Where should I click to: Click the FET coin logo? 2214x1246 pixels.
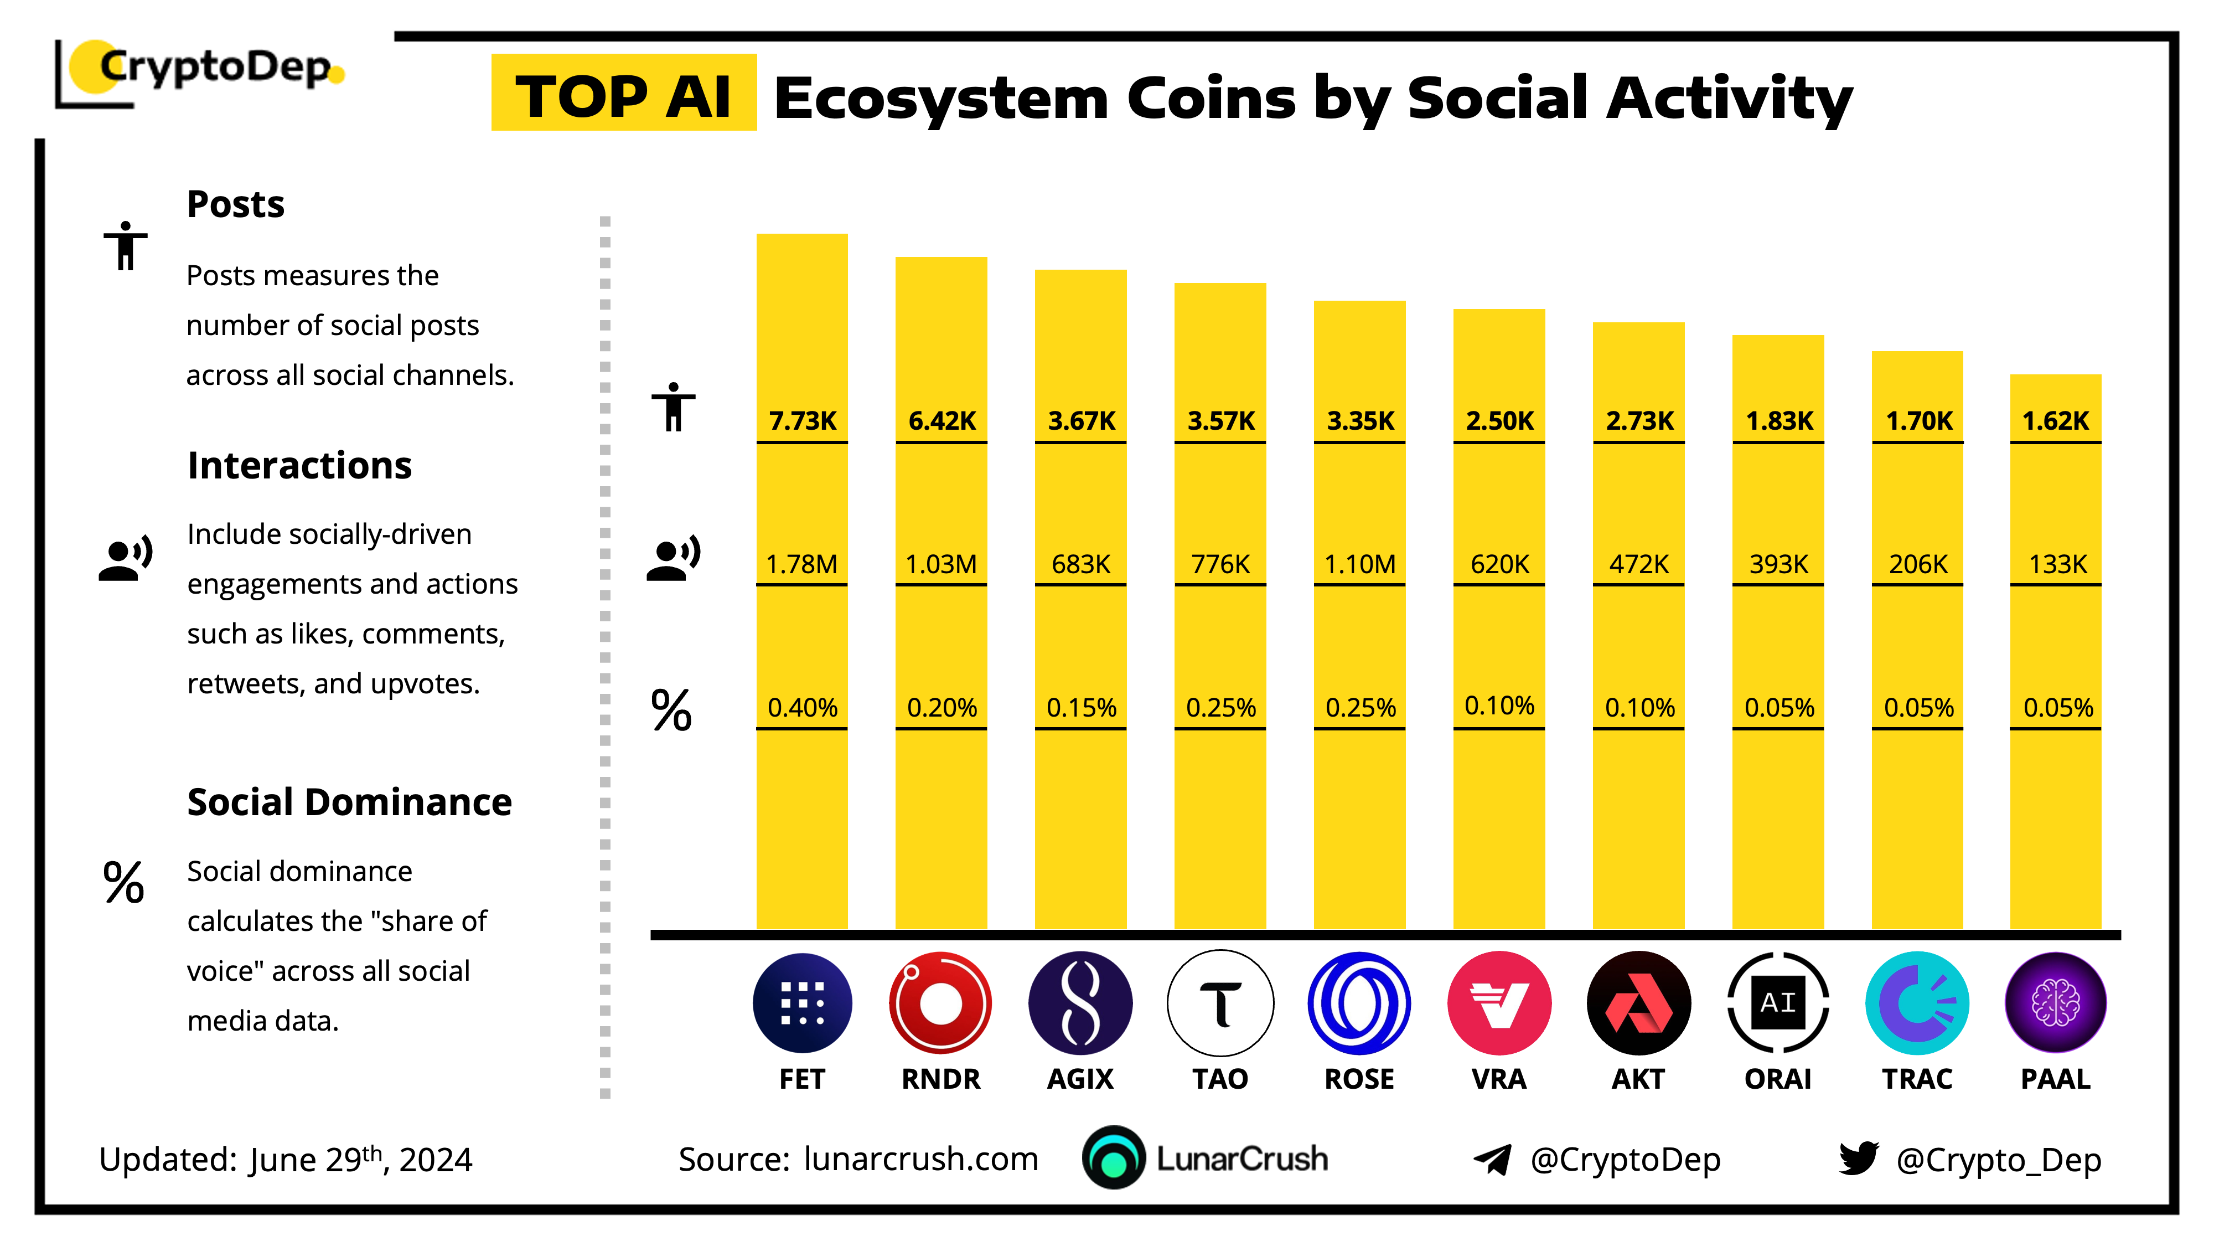(x=802, y=1003)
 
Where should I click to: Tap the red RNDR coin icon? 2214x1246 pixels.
(x=941, y=1003)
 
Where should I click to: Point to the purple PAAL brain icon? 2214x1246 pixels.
(x=2055, y=1003)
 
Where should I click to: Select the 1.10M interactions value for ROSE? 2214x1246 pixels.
(x=1360, y=564)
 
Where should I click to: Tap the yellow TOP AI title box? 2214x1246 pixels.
(x=624, y=93)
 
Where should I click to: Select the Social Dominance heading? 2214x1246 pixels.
(x=349, y=802)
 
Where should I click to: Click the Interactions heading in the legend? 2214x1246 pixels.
(x=299, y=465)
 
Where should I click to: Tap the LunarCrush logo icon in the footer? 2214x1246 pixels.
(x=1114, y=1159)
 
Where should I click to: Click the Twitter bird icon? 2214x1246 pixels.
(x=1858, y=1159)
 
